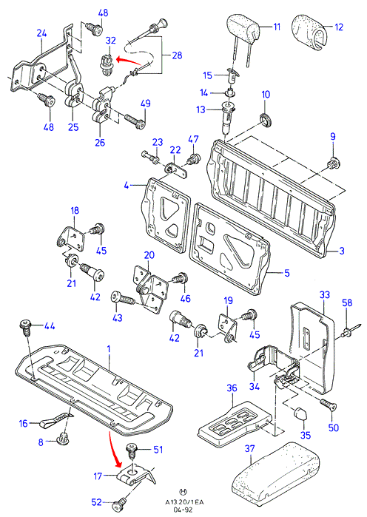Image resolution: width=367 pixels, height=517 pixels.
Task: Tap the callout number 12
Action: point(339,27)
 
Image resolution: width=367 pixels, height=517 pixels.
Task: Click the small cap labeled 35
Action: point(299,413)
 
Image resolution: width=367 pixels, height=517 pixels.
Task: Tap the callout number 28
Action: point(177,55)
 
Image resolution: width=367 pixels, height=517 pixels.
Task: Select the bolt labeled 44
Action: point(26,328)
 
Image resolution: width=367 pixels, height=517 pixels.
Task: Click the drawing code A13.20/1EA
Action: point(185,502)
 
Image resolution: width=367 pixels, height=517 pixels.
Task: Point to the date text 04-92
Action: point(185,510)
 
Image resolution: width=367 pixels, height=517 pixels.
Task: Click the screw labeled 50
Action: point(328,403)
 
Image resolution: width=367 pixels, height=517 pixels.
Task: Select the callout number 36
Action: point(232,388)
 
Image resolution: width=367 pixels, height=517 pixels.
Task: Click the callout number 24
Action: point(41,33)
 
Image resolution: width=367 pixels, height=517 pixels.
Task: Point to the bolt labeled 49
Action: point(135,121)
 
